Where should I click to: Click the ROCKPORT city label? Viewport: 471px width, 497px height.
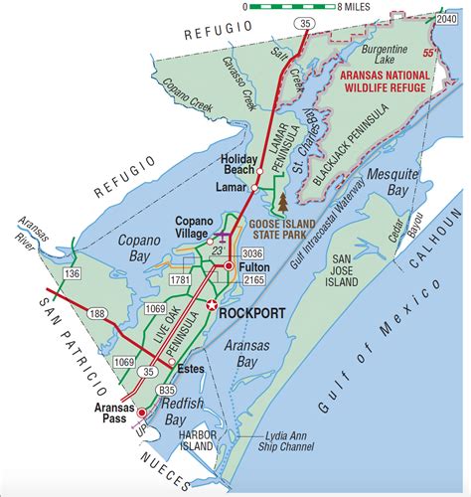(x=254, y=313)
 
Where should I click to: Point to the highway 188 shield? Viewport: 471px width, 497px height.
(x=98, y=315)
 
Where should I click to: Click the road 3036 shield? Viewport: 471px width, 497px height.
(x=250, y=254)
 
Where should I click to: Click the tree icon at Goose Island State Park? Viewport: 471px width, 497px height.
(x=284, y=203)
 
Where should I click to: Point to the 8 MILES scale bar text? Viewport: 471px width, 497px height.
(x=339, y=7)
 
